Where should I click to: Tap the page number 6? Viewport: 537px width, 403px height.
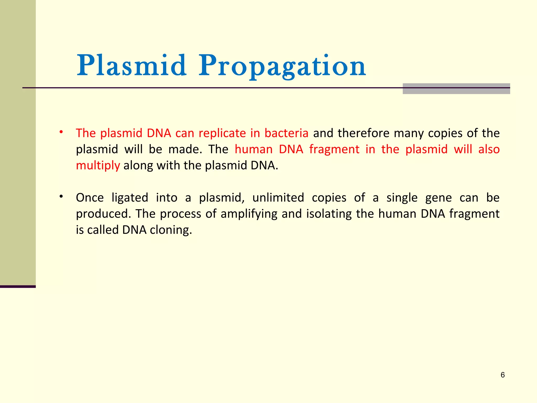click(x=502, y=375)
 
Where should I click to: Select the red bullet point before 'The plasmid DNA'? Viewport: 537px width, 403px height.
click(x=61, y=132)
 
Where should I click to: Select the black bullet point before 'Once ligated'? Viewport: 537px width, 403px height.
click(x=61, y=197)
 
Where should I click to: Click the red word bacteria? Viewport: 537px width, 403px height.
click(x=286, y=133)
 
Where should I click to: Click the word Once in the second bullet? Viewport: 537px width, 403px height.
click(x=90, y=198)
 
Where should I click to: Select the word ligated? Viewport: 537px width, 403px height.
click(x=130, y=198)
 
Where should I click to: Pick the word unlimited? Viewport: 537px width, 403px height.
click(x=278, y=198)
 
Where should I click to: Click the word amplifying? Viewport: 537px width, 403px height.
click(x=249, y=214)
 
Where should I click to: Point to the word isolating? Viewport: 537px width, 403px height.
click(x=329, y=214)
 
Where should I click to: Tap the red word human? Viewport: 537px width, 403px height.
click(x=254, y=149)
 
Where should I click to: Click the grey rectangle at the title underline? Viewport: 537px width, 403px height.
click(x=456, y=89)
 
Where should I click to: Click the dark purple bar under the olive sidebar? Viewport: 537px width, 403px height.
click(x=18, y=287)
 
